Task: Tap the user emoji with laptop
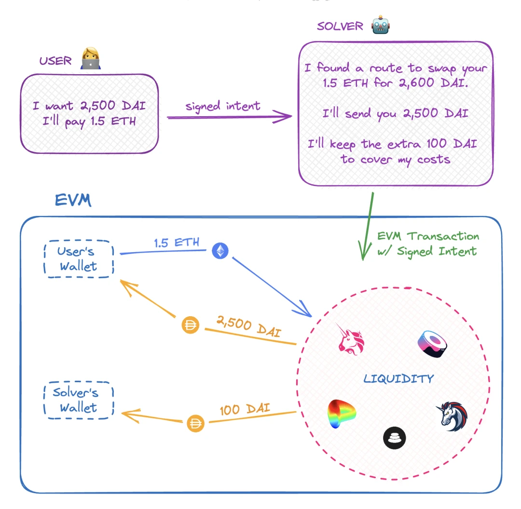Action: (x=90, y=59)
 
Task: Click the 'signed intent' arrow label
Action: (x=223, y=106)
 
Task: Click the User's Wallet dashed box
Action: (x=78, y=259)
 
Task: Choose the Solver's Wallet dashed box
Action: (x=78, y=400)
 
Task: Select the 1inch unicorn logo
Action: (x=454, y=415)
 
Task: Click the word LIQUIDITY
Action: (x=398, y=379)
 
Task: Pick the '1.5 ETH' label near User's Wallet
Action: (x=177, y=242)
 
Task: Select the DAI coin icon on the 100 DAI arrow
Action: (x=195, y=424)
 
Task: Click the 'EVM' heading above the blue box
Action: (x=72, y=201)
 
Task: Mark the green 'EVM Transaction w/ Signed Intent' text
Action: (x=428, y=243)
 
